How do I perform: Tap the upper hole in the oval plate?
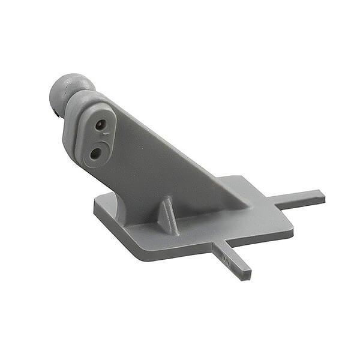(x=100, y=124)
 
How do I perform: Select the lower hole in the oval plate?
(x=95, y=153)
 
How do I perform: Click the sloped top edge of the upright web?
(x=180, y=144)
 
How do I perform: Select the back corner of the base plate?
(x=240, y=178)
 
